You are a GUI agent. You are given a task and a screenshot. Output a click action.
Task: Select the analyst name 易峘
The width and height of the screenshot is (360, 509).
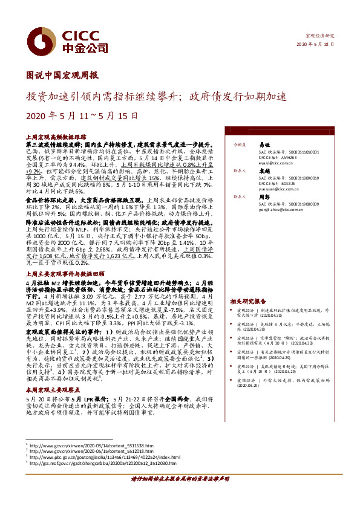pyautogui.click(x=264, y=145)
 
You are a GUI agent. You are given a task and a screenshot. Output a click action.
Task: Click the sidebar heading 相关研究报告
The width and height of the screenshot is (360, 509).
pyautogui.click(x=248, y=300)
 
